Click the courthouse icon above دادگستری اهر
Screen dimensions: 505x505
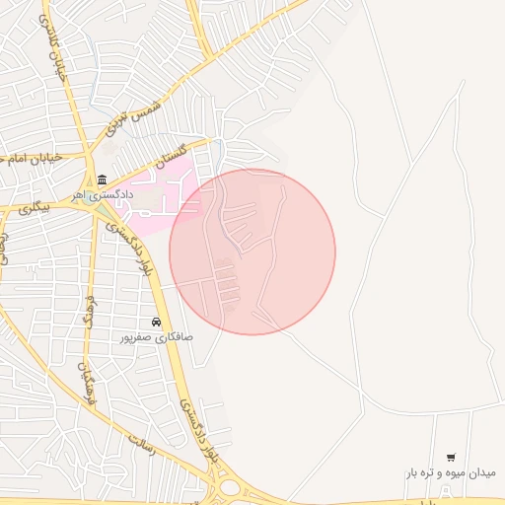tap(103, 179)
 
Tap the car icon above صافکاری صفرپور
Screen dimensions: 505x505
tap(156, 323)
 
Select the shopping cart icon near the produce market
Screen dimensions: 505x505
tap(451, 457)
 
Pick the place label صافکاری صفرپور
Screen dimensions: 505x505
tap(156, 337)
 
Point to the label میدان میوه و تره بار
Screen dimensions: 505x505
tap(449, 472)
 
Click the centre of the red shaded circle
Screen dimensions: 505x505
tap(252, 252)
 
